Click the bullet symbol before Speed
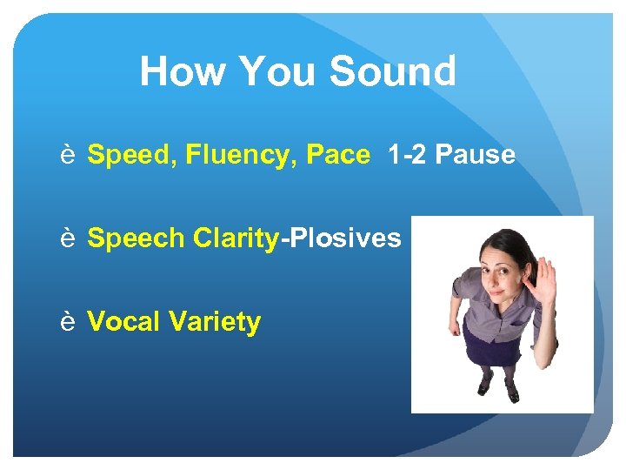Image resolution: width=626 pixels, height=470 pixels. (x=67, y=156)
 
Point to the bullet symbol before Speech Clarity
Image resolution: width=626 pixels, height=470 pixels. (x=67, y=238)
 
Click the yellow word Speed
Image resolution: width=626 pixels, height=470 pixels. (x=128, y=156)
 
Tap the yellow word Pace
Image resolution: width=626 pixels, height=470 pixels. (x=338, y=156)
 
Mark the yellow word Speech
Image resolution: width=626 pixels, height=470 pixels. (x=136, y=238)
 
